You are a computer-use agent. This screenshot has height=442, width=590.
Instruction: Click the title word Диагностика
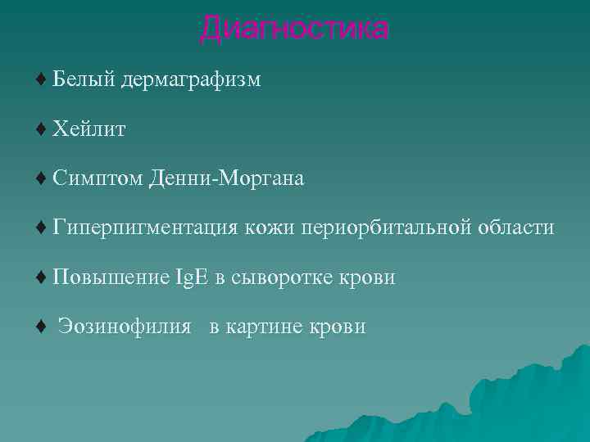pos(293,29)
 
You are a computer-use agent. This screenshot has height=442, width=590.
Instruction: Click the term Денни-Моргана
pos(227,178)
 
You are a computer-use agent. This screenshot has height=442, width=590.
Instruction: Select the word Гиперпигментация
pos(144,228)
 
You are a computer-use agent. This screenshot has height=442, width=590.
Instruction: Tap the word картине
pos(262,327)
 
